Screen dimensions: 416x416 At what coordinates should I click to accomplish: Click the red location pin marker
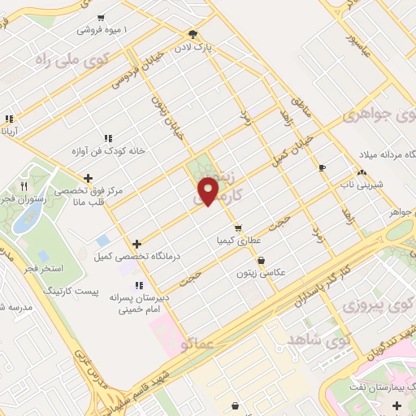click(x=210, y=190)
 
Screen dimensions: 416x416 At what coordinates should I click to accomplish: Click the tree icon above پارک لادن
click(x=193, y=34)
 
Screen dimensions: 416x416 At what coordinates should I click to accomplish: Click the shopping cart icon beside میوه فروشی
click(x=100, y=17)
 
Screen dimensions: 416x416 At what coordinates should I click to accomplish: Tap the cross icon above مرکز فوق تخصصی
click(x=88, y=177)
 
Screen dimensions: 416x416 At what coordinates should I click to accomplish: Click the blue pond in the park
click(x=29, y=214)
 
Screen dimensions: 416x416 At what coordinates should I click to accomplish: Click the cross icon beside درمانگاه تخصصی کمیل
click(x=136, y=243)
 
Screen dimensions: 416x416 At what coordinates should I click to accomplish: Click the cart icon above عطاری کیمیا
click(x=237, y=228)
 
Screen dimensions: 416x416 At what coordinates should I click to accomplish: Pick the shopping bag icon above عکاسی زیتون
click(x=261, y=261)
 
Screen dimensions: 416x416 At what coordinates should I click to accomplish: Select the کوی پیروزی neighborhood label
click(x=373, y=305)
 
